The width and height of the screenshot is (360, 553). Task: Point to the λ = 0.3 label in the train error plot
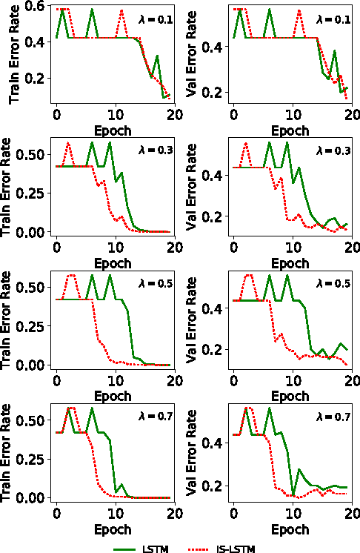point(156,151)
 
